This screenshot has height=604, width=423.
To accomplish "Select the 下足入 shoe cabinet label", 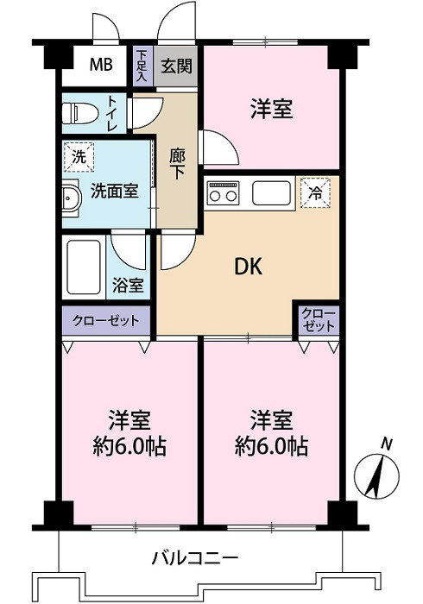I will click(142, 66).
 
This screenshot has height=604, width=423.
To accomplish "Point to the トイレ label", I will click(113, 113).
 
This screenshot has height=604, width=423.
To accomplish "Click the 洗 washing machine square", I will click(79, 158).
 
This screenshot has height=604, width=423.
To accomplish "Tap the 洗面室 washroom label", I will click(114, 191).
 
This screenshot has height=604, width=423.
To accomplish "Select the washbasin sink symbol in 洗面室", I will click(70, 197).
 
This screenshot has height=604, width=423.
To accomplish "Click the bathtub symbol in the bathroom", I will click(84, 267).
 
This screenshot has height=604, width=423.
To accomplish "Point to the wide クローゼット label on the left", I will click(105, 320).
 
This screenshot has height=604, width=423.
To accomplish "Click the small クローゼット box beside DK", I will click(319, 320).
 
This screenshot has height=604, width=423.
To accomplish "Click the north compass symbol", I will click(378, 471).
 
